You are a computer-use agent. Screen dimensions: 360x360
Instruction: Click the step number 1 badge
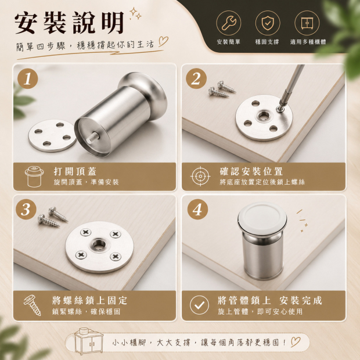(x=27, y=79)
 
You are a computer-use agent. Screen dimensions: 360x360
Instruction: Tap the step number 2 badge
(x=196, y=79)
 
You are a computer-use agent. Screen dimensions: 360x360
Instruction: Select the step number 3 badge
(x=26, y=209)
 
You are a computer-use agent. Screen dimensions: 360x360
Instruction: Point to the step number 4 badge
(x=197, y=209)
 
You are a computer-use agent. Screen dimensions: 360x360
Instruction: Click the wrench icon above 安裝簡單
(x=228, y=23)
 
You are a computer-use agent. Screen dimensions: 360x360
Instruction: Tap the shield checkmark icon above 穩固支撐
(x=268, y=23)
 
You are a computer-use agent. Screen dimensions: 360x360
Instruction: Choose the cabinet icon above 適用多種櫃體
(x=307, y=23)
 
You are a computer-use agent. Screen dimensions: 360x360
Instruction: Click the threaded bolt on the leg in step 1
(x=93, y=137)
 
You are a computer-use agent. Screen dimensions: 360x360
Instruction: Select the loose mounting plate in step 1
(x=52, y=136)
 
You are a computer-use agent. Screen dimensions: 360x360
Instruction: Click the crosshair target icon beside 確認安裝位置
(x=200, y=177)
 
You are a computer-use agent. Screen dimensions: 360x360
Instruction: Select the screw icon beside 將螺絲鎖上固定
(x=33, y=305)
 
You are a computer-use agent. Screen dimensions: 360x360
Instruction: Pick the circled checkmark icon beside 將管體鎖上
(x=200, y=305)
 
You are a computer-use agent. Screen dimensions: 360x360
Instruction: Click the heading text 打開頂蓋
(x=75, y=171)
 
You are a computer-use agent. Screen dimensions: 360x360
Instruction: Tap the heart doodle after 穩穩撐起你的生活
(x=164, y=42)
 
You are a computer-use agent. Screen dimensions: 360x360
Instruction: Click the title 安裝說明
(x=69, y=23)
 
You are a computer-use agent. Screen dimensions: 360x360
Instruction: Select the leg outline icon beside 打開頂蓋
(x=34, y=177)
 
